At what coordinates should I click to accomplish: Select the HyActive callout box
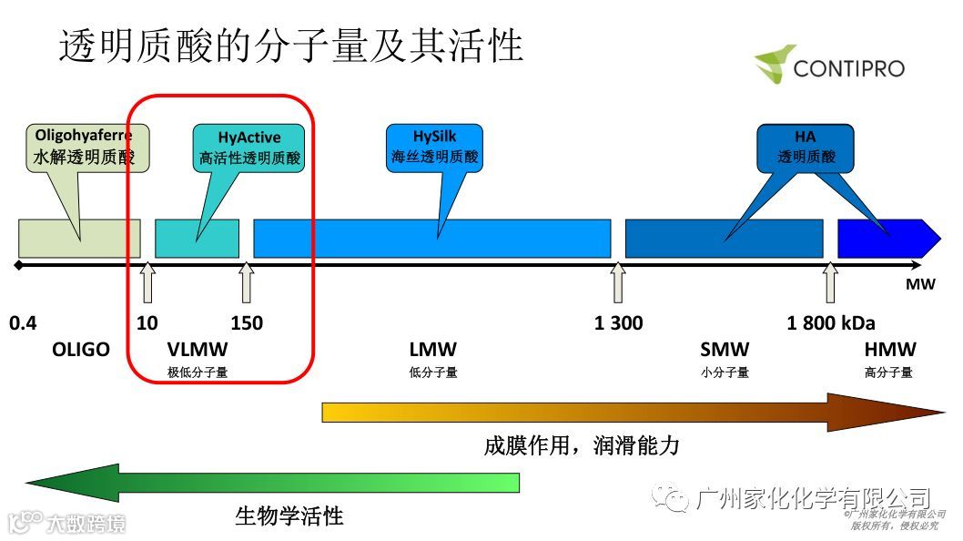(249, 148)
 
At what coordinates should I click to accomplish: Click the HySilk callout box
(434, 147)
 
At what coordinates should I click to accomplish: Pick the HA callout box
(806, 147)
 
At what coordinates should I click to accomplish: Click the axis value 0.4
(23, 322)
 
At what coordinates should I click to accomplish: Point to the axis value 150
(247, 322)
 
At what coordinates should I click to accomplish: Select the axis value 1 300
(618, 322)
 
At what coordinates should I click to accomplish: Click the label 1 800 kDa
(831, 322)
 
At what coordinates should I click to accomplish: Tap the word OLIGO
(81, 350)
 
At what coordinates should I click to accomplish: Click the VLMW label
(198, 350)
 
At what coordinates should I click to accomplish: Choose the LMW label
(433, 350)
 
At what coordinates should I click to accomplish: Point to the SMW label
(725, 350)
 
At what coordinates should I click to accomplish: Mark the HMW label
(890, 350)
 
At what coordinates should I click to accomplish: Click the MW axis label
(920, 285)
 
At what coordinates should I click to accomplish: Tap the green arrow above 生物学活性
(273, 483)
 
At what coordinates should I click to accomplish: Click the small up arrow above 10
(147, 283)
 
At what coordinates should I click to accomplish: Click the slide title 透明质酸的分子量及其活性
(291, 46)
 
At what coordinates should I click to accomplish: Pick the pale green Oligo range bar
(80, 239)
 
